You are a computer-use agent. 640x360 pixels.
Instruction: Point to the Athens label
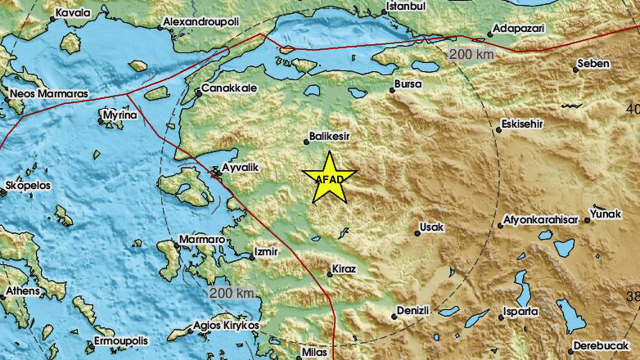click(23, 290)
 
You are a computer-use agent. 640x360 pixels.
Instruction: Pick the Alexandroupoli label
click(201, 20)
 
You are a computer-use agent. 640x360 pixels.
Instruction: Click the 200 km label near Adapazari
click(471, 53)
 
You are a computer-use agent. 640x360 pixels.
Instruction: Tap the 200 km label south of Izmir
click(232, 293)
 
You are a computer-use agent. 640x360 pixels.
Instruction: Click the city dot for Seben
click(576, 70)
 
